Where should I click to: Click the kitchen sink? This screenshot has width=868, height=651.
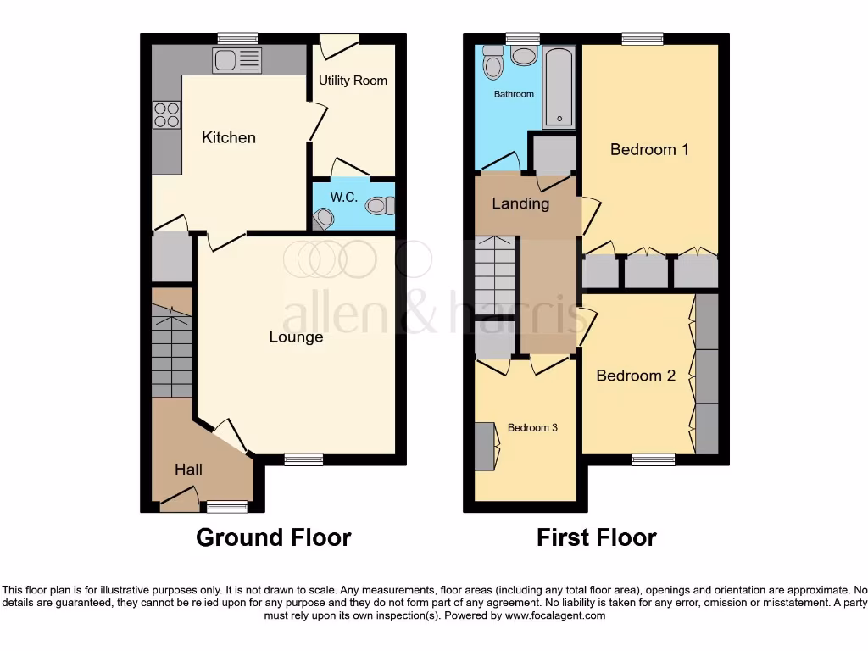[237, 60]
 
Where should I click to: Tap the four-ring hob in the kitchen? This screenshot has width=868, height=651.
[166, 114]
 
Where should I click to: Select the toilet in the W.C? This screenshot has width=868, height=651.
[381, 204]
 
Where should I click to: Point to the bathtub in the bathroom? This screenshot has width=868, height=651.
[559, 86]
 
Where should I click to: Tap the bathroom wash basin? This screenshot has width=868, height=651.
[524, 56]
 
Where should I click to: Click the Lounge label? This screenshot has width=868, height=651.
[296, 337]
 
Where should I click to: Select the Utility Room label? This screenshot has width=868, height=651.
[353, 81]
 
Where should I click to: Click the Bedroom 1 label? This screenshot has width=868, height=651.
[649, 150]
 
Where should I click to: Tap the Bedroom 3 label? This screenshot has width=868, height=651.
[532, 428]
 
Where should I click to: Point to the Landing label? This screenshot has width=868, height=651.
[520, 203]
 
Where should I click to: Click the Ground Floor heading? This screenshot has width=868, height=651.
[273, 537]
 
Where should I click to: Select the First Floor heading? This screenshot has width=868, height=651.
[596, 537]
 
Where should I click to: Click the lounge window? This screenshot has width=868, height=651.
[303, 459]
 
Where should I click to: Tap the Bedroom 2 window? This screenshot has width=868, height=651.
[654, 459]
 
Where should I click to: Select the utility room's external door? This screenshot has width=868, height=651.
[339, 41]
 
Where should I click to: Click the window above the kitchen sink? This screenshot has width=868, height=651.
[237, 38]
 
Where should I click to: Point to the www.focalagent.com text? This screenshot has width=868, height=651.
[555, 615]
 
